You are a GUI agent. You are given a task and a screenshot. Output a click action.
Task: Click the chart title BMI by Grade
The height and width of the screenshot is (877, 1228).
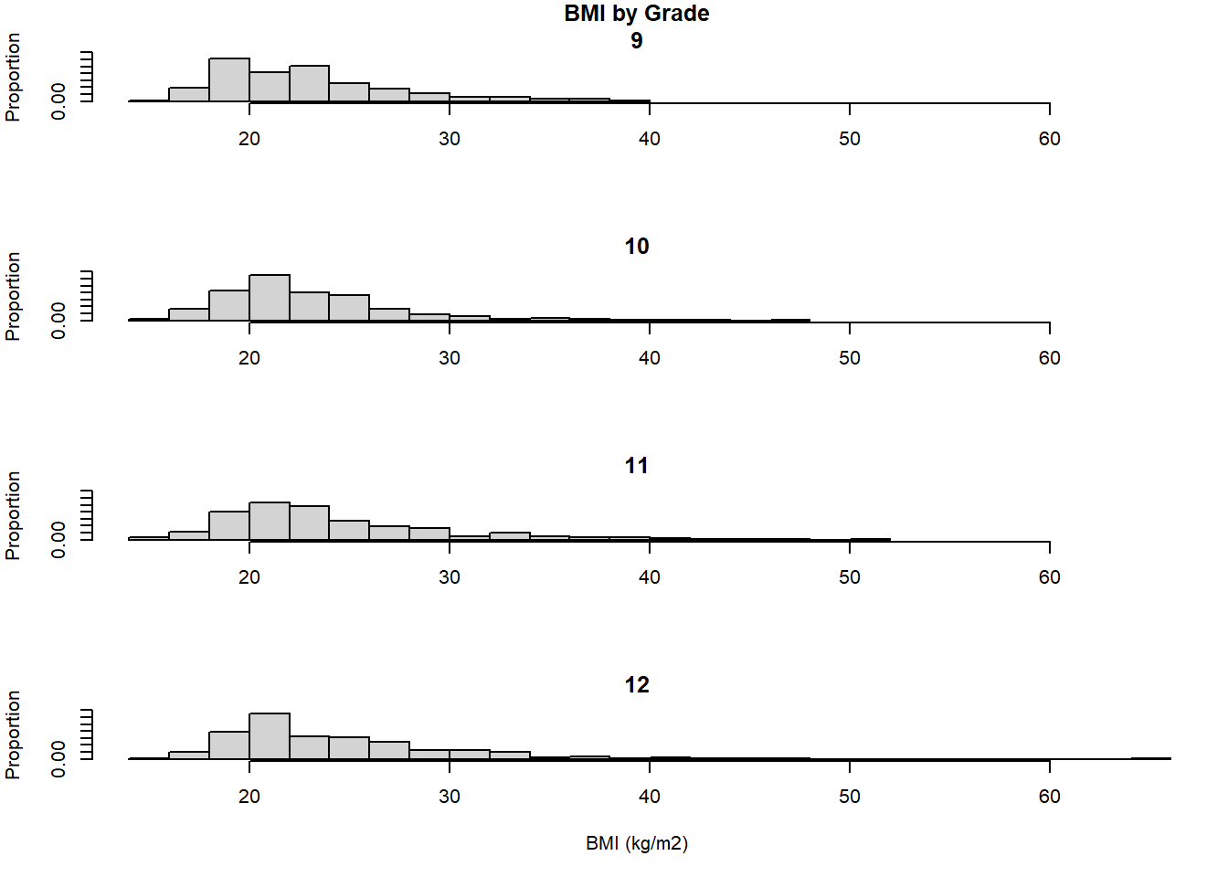click(x=636, y=14)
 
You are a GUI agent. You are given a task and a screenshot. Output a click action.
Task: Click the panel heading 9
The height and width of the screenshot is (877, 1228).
click(x=636, y=41)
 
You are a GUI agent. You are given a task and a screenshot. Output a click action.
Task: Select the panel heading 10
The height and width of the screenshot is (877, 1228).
click(x=636, y=247)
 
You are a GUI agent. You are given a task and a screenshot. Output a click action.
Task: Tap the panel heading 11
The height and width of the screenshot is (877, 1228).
click(x=636, y=466)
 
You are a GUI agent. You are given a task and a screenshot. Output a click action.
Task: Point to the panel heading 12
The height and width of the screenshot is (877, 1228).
click(x=636, y=685)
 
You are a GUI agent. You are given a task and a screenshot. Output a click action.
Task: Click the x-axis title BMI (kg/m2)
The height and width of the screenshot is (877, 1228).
click(x=636, y=843)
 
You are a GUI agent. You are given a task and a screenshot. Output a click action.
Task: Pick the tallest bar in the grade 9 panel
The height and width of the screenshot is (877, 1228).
click(x=229, y=80)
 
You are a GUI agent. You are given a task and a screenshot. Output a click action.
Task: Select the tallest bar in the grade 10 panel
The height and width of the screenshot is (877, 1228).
click(x=270, y=298)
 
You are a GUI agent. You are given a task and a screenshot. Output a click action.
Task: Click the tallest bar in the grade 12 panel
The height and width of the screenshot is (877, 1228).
click(x=270, y=736)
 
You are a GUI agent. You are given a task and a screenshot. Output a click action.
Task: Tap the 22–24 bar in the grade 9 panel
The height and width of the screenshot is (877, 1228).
click(x=310, y=84)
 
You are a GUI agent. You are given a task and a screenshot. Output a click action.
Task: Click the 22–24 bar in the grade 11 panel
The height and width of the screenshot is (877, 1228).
click(x=310, y=523)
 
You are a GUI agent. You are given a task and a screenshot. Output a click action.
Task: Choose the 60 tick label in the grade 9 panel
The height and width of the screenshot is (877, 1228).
click(x=1049, y=139)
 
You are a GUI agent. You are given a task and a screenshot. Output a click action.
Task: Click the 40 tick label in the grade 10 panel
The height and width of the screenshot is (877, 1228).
click(x=649, y=358)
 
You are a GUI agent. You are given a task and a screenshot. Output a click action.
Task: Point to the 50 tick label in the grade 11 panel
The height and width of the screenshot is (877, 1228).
click(x=849, y=577)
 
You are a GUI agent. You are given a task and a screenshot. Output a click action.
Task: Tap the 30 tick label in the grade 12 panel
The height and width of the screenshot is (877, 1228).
click(x=449, y=797)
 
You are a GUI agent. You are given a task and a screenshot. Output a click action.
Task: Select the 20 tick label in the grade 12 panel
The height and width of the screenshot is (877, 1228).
click(x=249, y=797)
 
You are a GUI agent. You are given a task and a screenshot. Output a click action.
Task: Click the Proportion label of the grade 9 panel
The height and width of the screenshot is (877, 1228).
click(x=13, y=78)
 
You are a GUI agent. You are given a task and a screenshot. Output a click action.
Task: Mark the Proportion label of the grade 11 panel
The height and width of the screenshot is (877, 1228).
click(x=13, y=516)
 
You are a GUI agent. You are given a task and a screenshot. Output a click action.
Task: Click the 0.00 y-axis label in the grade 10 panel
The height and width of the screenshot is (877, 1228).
click(x=58, y=321)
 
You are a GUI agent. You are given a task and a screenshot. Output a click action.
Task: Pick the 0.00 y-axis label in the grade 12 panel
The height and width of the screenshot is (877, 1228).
click(x=58, y=759)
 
